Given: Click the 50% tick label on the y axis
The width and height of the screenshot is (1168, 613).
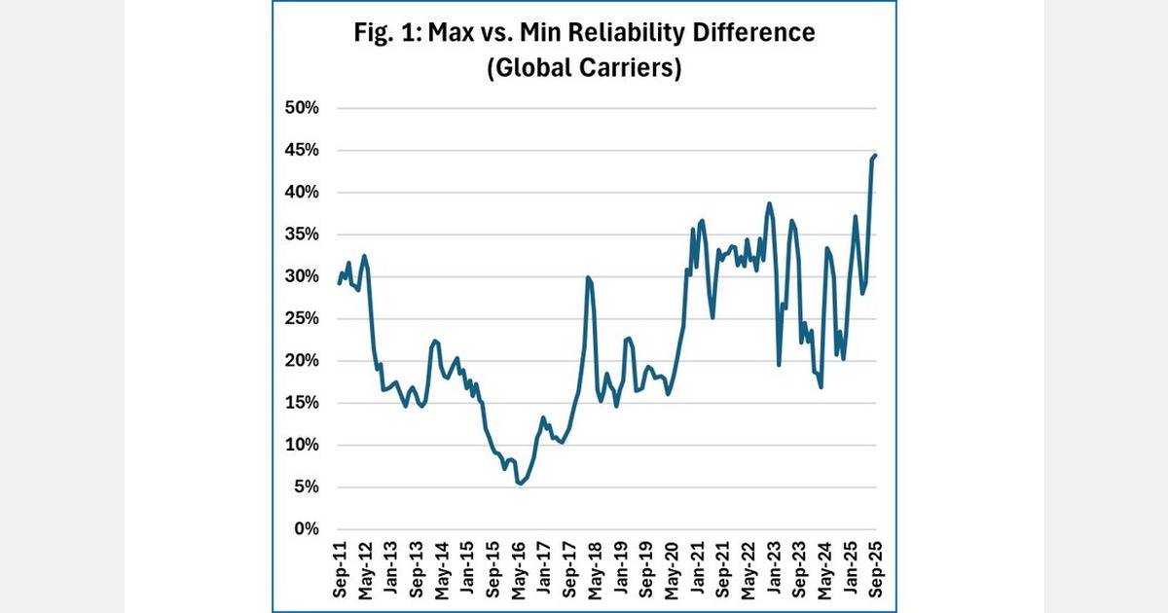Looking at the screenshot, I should (301, 108).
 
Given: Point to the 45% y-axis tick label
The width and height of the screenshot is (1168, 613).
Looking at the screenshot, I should (301, 150).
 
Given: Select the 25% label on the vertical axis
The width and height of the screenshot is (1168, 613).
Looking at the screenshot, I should (301, 318).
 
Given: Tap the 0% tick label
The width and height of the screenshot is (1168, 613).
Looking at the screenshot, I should (306, 529).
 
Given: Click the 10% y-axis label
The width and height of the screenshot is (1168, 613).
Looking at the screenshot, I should (301, 445).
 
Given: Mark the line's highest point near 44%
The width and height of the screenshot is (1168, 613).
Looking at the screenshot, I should (876, 155).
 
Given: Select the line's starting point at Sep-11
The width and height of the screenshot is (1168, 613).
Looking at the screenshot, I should (339, 283).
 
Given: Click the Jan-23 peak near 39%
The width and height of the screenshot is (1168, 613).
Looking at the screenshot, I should (769, 203).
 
